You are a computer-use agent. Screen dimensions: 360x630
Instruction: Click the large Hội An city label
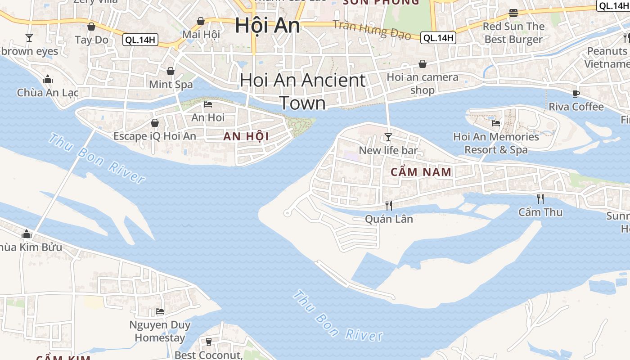[x=267, y=25]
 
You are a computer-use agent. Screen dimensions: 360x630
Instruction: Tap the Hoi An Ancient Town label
[x=303, y=91]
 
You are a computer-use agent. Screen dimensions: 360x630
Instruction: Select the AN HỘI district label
[x=246, y=136]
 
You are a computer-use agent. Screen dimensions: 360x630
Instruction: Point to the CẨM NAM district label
[x=421, y=172]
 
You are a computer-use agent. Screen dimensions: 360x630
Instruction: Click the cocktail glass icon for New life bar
[x=388, y=137]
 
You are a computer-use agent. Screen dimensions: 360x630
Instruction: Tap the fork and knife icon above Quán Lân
[x=389, y=206]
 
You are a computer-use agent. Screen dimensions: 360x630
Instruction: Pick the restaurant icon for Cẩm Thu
[x=540, y=198]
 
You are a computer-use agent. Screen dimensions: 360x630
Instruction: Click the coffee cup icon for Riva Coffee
[x=576, y=94]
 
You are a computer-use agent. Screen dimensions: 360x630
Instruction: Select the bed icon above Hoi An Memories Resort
[x=496, y=123]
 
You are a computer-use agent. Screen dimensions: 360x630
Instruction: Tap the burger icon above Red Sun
[x=513, y=13]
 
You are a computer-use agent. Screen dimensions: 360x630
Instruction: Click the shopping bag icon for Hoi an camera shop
[x=422, y=64]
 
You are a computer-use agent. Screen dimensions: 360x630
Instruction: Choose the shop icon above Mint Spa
[x=171, y=71]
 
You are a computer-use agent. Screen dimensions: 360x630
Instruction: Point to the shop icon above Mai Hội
[x=201, y=21]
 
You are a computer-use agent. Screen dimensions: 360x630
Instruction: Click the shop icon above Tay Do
[x=91, y=27]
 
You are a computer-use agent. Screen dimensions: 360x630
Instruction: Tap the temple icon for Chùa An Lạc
[x=48, y=80]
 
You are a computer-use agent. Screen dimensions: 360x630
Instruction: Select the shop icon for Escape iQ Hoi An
[x=155, y=123]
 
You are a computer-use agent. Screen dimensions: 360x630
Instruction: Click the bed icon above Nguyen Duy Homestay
[x=160, y=311]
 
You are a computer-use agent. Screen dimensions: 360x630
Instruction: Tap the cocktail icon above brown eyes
[x=29, y=37]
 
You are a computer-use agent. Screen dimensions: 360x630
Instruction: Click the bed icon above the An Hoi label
[x=208, y=104]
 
